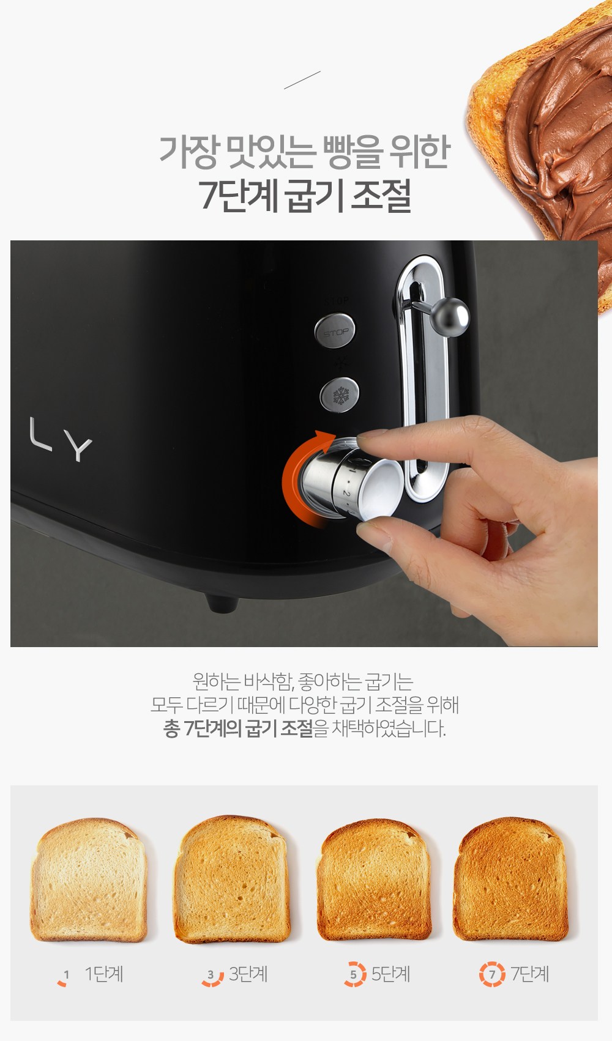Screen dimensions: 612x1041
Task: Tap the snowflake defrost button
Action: point(340,395)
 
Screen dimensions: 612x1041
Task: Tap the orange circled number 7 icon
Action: point(492,974)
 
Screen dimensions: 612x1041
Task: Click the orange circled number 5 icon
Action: point(355,974)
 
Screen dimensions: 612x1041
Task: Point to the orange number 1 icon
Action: point(64,977)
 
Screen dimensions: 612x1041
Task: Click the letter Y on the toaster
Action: point(78,446)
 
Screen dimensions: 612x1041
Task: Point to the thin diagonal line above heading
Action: point(302,80)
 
